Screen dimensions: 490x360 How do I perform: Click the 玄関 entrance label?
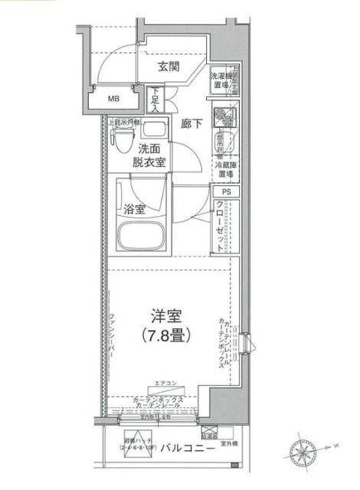tap(169, 67)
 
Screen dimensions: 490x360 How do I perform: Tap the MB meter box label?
tap(113, 99)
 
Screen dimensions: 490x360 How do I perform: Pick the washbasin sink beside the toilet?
tap(154, 129)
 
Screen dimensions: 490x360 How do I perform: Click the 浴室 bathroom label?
tap(136, 209)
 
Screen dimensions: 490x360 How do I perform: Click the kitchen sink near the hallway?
tap(225, 118)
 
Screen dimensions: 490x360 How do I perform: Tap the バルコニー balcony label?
tap(183, 448)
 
